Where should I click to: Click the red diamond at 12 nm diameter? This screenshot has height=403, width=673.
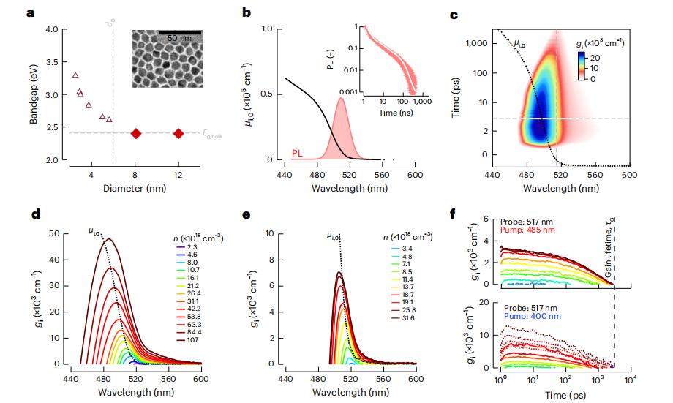click(178, 133)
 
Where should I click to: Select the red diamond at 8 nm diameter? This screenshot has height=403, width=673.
click(135, 133)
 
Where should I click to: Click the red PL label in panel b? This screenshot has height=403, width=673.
click(297, 153)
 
